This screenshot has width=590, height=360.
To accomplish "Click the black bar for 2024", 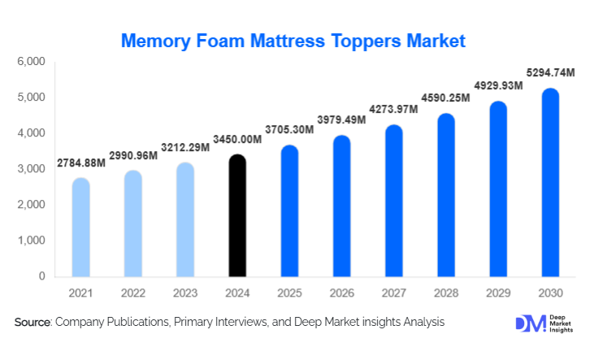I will coord(237,215).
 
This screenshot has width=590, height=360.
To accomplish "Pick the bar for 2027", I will coord(394,201).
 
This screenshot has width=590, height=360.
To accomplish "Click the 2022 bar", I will coord(133,223).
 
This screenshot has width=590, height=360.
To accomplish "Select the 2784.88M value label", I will coord(81,163).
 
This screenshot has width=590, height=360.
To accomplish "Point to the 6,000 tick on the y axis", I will coord(30,62).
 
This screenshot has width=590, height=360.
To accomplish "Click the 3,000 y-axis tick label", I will coord(30,169).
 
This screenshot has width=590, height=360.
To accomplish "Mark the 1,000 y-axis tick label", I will coord(30,241).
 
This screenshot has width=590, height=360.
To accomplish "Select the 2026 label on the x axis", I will coord(341,292).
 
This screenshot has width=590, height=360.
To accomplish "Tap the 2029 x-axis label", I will coord(498,292).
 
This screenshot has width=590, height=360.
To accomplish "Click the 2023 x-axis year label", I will coord(185,292).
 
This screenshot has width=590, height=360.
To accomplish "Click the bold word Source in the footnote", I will coord(33,323).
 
